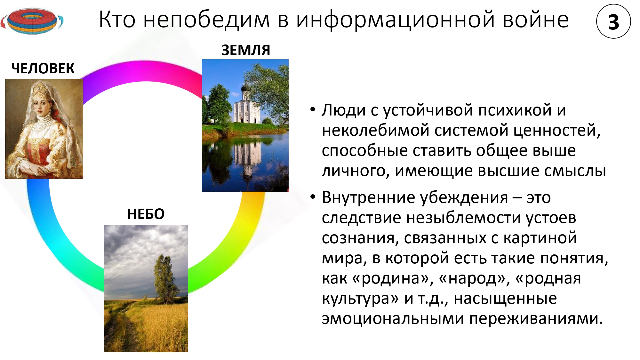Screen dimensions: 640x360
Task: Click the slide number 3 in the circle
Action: click(613, 22)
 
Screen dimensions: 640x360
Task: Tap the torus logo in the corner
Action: click(32, 21)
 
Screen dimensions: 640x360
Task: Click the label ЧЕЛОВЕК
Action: click(43, 68)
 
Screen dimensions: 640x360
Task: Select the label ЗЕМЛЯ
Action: click(246, 50)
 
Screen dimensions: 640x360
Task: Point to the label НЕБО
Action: click(146, 214)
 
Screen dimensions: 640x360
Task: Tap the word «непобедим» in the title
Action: click(207, 20)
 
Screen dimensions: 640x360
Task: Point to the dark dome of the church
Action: click(245, 87)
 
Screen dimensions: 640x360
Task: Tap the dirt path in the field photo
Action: click(120, 330)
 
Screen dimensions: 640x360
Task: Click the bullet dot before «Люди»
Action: click(313, 110)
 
